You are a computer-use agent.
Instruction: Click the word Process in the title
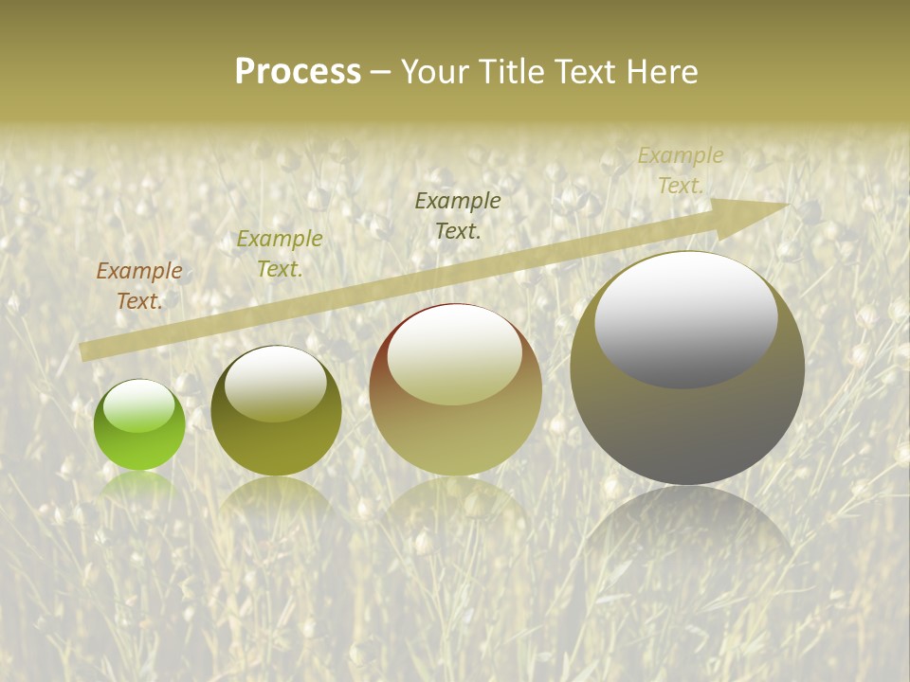tap(298, 72)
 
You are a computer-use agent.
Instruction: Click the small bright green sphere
tap(139, 424)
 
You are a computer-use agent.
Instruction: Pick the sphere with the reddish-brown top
tap(455, 389)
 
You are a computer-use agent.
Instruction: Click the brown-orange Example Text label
tap(139, 285)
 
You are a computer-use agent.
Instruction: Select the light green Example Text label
tap(280, 253)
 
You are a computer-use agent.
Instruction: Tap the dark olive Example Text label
tap(458, 215)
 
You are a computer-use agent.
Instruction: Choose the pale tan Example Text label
tap(680, 170)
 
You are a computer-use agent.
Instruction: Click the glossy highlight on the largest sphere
tap(685, 320)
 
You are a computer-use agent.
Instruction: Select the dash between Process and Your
tap(381, 72)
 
